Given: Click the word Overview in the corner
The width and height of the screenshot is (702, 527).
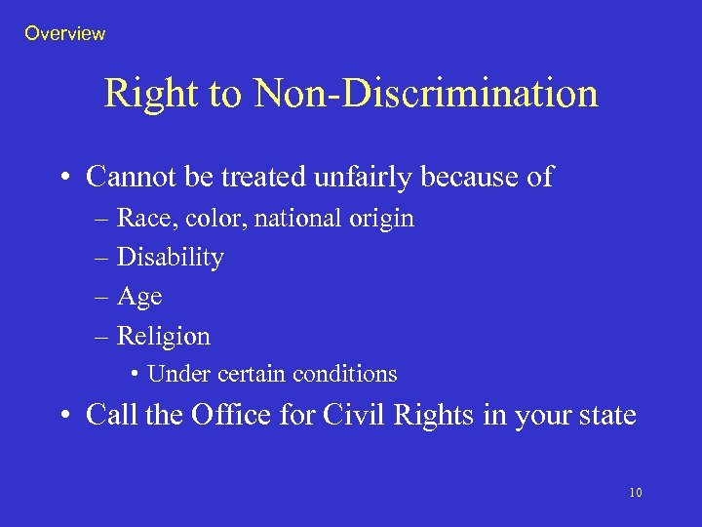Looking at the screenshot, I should click(64, 33).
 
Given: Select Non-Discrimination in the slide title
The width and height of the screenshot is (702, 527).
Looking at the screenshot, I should click(425, 94).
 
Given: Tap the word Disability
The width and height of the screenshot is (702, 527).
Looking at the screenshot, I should click(170, 258).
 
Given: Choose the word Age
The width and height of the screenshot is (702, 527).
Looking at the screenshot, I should click(138, 298).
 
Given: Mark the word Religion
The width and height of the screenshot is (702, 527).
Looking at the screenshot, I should click(163, 337).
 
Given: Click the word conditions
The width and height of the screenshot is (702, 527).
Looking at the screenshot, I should click(349, 374).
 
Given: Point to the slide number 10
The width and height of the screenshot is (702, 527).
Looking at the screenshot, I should click(635, 493).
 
